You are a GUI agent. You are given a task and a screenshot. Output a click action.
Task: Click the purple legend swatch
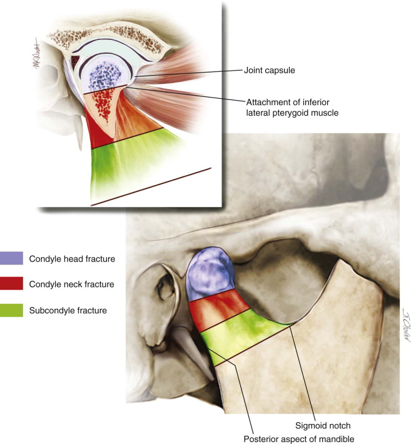coord(12,258)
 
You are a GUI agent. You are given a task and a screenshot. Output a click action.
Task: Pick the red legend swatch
coord(12,284)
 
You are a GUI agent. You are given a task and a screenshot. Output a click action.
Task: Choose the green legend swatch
coord(12,309)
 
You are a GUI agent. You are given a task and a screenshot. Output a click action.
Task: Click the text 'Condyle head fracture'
coord(71,258)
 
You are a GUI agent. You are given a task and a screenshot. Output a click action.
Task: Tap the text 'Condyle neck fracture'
coord(71,284)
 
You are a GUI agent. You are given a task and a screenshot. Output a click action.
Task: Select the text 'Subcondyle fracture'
coord(68,309)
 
